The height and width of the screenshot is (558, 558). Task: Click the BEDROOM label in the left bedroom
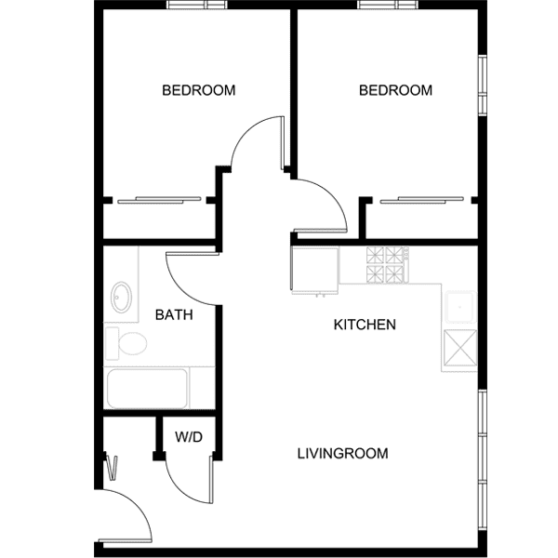(x=198, y=90)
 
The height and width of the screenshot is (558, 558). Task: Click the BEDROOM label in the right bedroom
(x=395, y=90)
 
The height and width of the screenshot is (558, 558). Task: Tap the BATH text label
(x=174, y=315)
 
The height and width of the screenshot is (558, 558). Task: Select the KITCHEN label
(x=365, y=325)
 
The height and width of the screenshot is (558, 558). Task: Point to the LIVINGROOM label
(x=342, y=454)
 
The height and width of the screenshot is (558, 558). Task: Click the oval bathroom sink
(x=121, y=298)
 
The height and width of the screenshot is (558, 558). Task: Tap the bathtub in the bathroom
(x=147, y=389)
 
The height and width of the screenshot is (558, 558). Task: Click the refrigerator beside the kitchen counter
(x=314, y=269)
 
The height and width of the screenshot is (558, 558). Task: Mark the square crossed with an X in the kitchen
(x=460, y=350)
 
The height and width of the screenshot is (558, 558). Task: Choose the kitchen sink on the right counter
(x=460, y=306)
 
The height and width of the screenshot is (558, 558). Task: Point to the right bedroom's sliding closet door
(x=423, y=199)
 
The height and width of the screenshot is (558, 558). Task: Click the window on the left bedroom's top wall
(x=197, y=6)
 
